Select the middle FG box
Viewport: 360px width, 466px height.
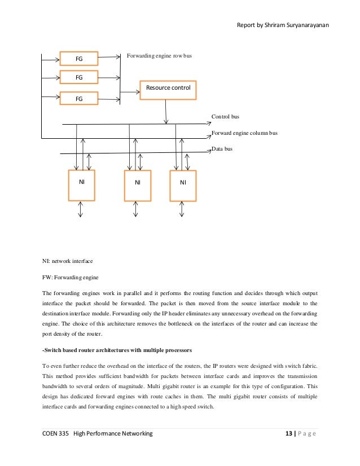pyautogui.click(x=79, y=76)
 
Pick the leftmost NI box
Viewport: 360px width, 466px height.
pyautogui.click(x=81, y=185)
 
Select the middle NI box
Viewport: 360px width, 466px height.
pyautogui.click(x=137, y=185)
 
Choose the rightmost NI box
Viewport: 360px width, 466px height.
pyautogui.click(x=183, y=185)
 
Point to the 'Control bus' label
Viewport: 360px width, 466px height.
pyautogui.click(x=225, y=117)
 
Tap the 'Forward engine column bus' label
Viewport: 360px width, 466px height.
pyautogui.click(x=244, y=133)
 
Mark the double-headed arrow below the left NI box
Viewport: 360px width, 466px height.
pyautogui.click(x=80, y=209)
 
